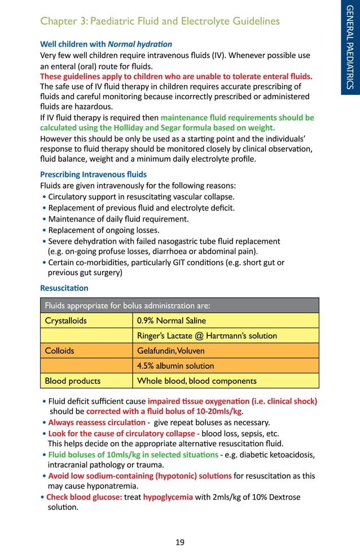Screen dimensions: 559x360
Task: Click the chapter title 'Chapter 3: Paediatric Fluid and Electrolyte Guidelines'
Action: [160, 21]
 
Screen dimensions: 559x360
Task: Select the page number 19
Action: [180, 542]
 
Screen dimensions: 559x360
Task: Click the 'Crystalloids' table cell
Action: [66, 320]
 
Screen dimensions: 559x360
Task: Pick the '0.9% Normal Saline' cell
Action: [172, 320]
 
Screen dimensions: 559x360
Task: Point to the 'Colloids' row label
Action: [59, 350]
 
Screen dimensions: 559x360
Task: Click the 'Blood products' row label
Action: [73, 381]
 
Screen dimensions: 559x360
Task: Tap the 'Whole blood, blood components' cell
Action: [196, 381]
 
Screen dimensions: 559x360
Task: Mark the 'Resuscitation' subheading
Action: [64, 288]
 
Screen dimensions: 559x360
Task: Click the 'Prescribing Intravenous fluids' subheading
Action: [93, 174]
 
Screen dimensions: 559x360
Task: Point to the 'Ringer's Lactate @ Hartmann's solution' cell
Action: [207, 336]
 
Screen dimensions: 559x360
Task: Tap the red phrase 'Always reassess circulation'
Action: [96, 422]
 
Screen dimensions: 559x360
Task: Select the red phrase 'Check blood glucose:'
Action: [84, 497]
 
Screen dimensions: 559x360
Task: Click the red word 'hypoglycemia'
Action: [168, 497]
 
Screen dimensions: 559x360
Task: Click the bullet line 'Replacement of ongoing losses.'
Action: [104, 230]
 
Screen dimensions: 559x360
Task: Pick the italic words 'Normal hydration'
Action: [141, 43]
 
